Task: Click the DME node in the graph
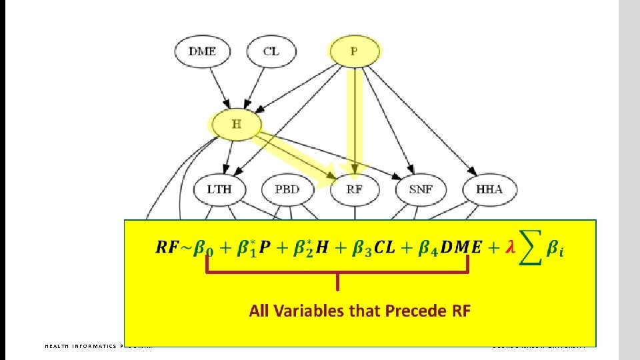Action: pyautogui.click(x=202, y=51)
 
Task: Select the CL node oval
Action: pyautogui.click(x=271, y=51)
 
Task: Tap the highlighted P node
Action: pyautogui.click(x=354, y=51)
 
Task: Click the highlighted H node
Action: pyautogui.click(x=236, y=124)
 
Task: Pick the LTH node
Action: pyautogui.click(x=219, y=189)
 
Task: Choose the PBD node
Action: pyautogui.click(x=287, y=189)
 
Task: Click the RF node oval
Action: pyautogui.click(x=355, y=189)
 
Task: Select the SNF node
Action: pyautogui.click(x=421, y=189)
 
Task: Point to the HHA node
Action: pyautogui.click(x=489, y=189)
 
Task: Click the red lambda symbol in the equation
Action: pyautogui.click(x=510, y=247)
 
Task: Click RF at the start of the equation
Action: pyautogui.click(x=167, y=247)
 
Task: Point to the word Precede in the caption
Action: pyautogui.click(x=406, y=311)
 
